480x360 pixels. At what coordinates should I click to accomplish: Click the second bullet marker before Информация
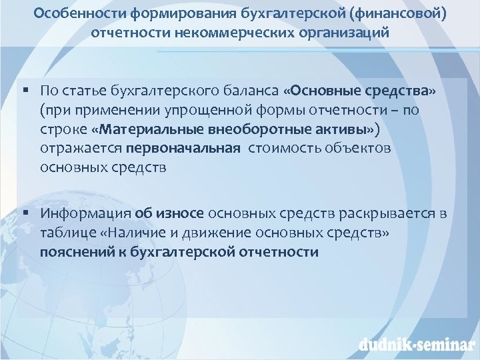tap(25, 213)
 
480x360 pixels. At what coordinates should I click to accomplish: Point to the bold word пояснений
tap(73, 252)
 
